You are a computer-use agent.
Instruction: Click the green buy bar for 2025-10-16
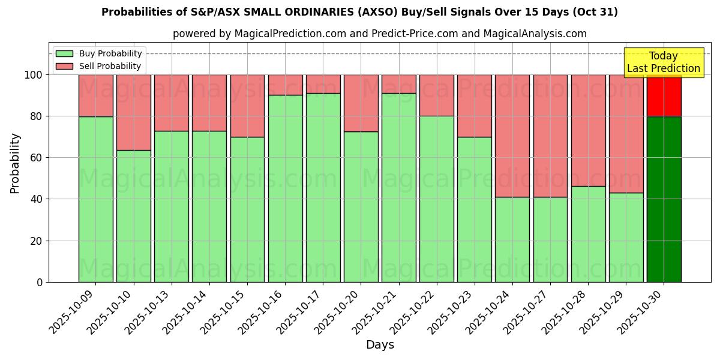coord(285,188)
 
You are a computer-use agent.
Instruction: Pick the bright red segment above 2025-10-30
coord(664,96)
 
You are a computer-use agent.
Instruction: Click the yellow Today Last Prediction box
coord(664,62)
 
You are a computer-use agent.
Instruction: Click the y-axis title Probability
coord(15,163)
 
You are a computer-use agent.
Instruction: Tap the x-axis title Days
coord(380,345)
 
